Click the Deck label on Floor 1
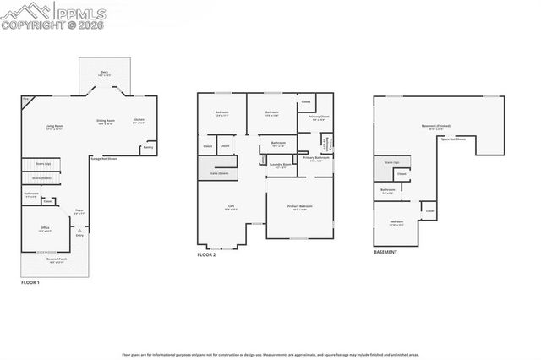tap(105, 74)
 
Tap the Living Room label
tap(55, 128)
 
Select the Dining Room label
tap(106, 122)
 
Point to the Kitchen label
tap(139, 120)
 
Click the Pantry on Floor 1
tap(148, 147)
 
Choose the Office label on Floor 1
tap(45, 229)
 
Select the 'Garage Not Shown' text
tap(103, 158)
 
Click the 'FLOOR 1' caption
tap(30, 282)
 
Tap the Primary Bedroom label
tap(299, 207)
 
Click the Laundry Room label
tap(281, 165)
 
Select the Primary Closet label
tap(319, 117)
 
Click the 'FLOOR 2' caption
tap(207, 254)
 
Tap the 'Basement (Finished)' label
tap(435, 127)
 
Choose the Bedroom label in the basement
tap(396, 222)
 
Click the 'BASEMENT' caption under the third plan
tap(388, 253)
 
